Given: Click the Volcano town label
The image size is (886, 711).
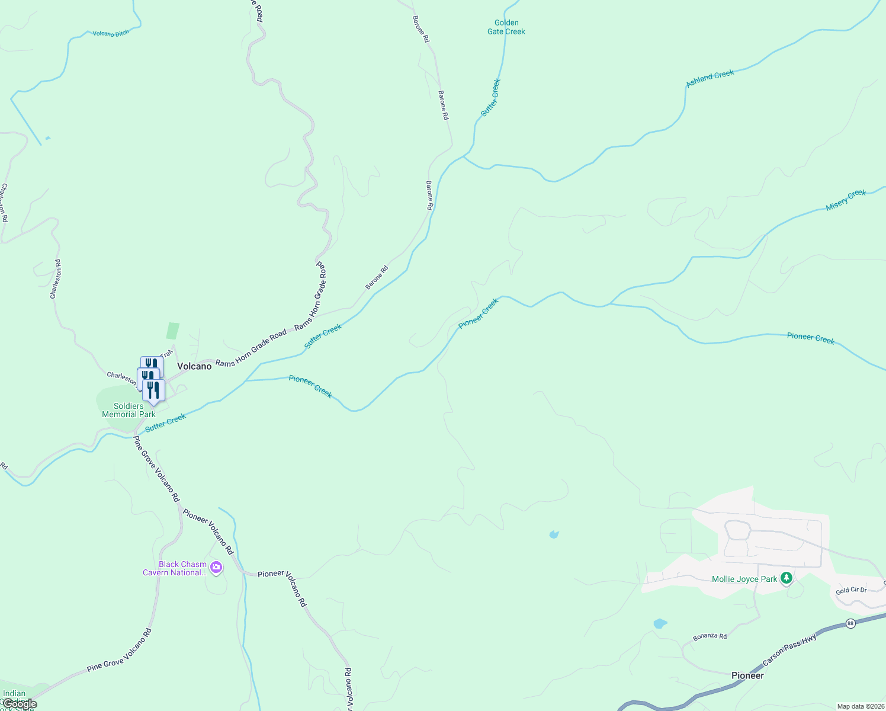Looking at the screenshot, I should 194,366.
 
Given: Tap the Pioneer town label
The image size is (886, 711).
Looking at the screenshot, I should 747,675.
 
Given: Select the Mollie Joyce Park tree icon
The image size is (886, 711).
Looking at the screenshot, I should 787,578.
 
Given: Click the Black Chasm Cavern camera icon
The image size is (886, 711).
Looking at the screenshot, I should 216,568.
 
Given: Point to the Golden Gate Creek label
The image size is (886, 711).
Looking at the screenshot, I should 506,27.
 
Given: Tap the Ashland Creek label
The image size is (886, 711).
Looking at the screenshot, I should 710,78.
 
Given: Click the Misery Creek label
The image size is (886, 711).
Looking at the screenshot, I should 846,200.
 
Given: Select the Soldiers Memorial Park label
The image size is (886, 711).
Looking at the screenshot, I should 129,410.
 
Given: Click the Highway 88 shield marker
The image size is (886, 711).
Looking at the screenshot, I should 850,623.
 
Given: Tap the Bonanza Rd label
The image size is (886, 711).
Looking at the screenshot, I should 710,636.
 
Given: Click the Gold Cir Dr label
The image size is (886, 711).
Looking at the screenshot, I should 851,590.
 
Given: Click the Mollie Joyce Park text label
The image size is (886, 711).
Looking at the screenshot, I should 744,579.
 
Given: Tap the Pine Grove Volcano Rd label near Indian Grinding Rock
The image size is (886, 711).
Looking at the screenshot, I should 119,650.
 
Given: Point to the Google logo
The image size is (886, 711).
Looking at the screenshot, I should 20,704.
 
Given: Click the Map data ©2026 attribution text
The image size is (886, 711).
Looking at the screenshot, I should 860,706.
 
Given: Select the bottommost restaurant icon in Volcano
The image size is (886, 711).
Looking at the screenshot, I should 153,391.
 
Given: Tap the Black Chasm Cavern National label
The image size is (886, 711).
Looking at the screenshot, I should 175,568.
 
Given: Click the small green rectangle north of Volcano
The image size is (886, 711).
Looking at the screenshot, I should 173,331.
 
